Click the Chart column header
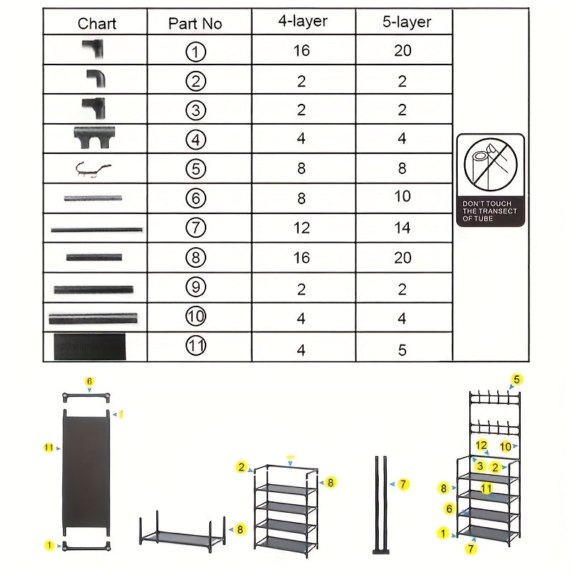[97, 24]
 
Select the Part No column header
[195, 24]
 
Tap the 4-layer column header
[302, 21]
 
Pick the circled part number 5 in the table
[196, 169]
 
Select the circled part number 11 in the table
[196, 346]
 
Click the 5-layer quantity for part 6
[403, 196]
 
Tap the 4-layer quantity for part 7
[302, 228]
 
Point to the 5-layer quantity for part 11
[403, 350]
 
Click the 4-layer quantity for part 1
[302, 51]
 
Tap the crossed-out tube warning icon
[490, 164]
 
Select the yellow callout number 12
[482, 446]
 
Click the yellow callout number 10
[506, 447]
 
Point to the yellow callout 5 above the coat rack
[516, 380]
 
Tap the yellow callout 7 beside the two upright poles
[403, 485]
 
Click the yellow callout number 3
[481, 466]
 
